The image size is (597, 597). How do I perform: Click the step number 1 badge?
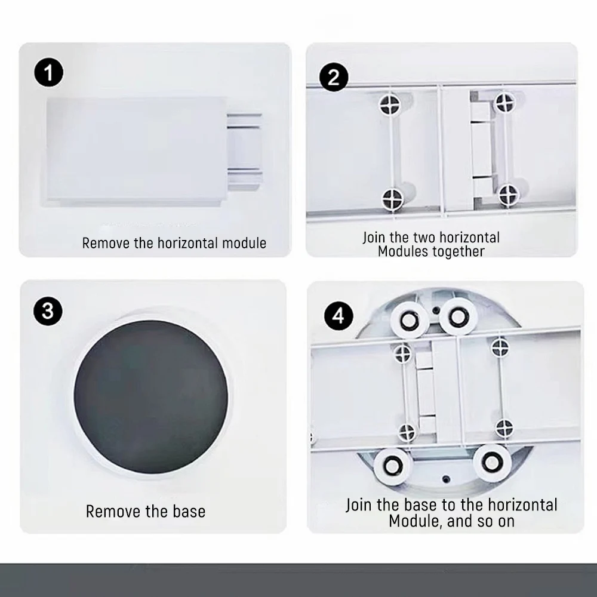[49, 72]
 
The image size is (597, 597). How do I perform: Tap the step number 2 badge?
[334, 77]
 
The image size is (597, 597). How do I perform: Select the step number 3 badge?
[48, 311]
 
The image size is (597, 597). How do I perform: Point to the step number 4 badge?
[338, 316]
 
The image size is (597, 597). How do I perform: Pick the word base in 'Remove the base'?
[189, 512]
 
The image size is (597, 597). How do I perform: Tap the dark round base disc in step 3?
[151, 397]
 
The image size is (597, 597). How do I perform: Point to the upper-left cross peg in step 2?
[390, 103]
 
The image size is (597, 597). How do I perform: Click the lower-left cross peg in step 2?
[392, 199]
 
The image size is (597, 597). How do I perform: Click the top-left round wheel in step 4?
[410, 320]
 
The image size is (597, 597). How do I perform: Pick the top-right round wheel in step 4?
[458, 316]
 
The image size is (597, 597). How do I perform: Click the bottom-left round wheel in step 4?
[393, 466]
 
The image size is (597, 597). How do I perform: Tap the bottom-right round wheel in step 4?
[492, 462]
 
